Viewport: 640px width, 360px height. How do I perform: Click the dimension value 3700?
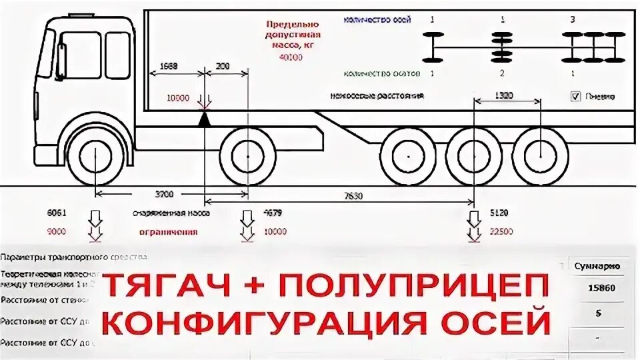pyautogui.click(x=163, y=194)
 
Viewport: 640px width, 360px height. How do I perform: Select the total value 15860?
pyautogui.click(x=597, y=289)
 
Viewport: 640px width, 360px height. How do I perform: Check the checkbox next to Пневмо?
pyautogui.click(x=576, y=96)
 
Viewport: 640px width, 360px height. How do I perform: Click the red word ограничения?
pyautogui.click(x=168, y=232)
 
